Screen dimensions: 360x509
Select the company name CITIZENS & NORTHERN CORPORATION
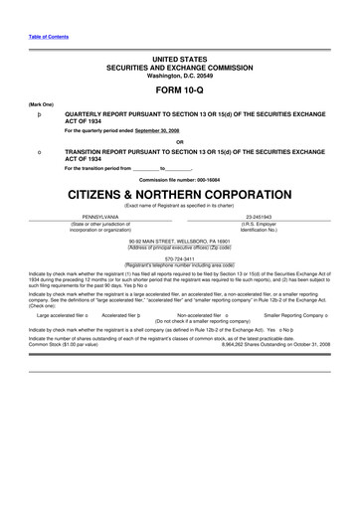click(x=179, y=192)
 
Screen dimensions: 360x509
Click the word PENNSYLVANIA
click(x=92, y=217)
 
